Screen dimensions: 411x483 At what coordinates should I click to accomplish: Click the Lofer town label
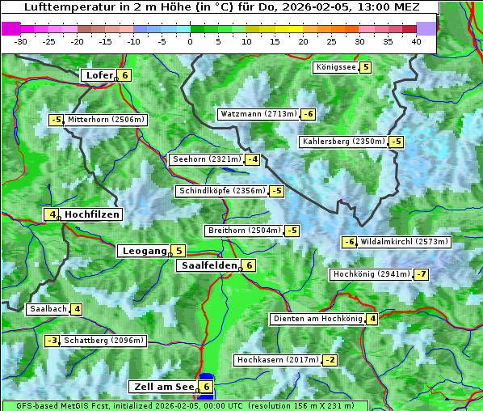(99, 75)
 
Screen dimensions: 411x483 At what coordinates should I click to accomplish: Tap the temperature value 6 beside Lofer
(124, 75)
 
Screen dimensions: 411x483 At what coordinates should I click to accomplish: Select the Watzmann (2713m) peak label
(258, 114)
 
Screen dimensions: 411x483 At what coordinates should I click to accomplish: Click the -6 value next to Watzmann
(308, 114)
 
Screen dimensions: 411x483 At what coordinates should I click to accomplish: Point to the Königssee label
(335, 67)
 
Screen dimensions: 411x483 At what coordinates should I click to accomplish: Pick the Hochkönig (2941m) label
(372, 274)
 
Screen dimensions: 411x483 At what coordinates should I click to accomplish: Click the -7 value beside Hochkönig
(422, 274)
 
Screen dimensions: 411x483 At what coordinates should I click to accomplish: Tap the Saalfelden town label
(208, 265)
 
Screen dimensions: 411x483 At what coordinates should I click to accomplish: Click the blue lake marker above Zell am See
(207, 377)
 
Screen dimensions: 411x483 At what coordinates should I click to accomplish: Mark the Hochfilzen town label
(92, 214)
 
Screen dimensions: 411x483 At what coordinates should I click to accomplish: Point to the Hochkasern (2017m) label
(277, 359)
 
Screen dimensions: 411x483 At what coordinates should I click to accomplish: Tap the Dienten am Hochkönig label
(317, 319)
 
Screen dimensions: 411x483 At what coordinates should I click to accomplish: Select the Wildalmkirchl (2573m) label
(403, 241)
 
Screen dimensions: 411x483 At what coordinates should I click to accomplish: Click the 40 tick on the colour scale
(416, 41)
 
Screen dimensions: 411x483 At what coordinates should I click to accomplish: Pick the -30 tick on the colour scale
(21, 41)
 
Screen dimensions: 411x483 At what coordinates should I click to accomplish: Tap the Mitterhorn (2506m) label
(106, 120)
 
